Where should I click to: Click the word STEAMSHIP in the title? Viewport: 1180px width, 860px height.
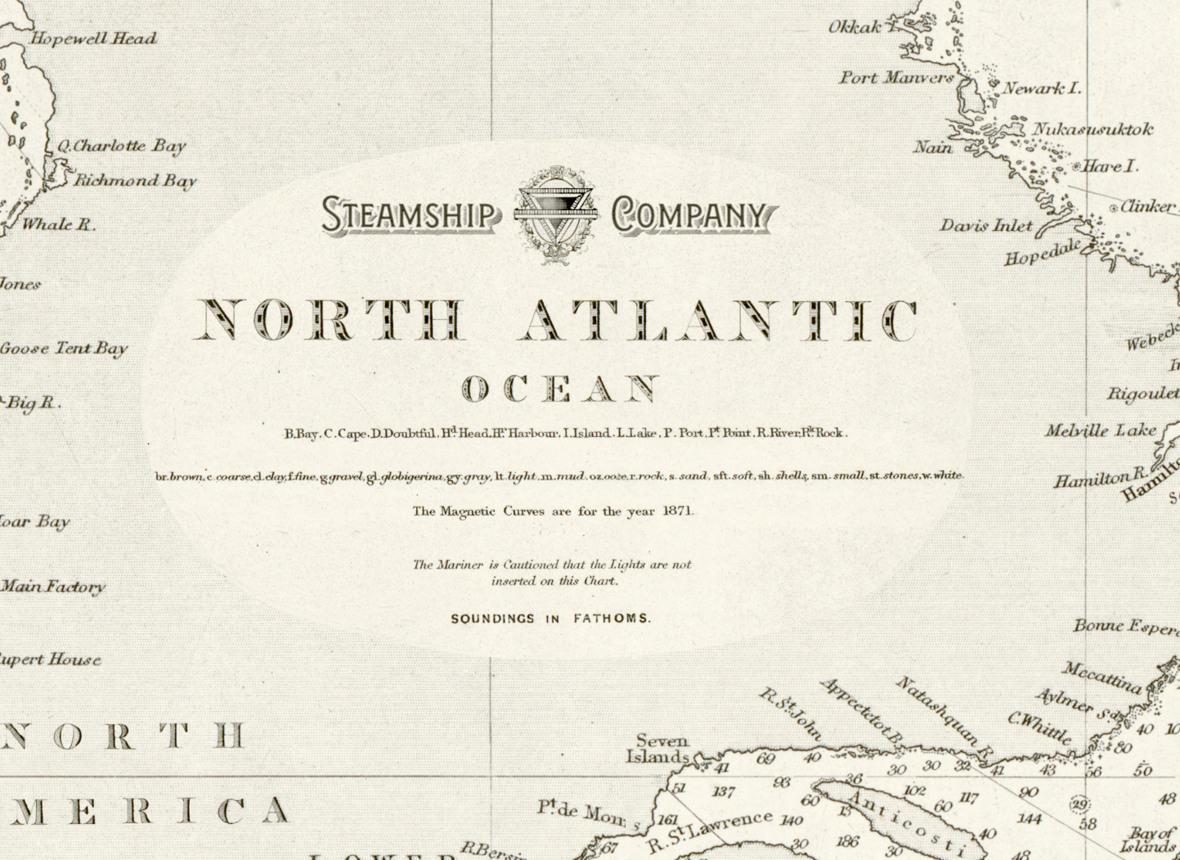click(410, 215)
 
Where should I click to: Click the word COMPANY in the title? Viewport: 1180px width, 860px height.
click(692, 215)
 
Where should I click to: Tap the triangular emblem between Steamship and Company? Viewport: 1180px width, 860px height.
click(555, 214)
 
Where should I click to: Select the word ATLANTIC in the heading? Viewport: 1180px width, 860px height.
click(719, 320)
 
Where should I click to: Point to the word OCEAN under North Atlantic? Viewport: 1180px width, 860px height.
click(561, 389)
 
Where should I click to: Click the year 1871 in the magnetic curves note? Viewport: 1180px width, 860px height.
click(678, 511)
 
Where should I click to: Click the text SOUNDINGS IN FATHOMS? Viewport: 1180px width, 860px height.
click(550, 619)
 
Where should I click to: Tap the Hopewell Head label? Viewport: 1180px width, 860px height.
click(93, 38)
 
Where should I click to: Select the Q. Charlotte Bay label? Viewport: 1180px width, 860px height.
click(121, 146)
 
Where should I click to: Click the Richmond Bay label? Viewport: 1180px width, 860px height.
click(136, 181)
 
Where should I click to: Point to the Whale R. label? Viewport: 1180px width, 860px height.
click(58, 224)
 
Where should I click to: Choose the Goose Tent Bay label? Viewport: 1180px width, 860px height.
click(64, 349)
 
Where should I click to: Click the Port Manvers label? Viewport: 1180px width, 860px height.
click(896, 78)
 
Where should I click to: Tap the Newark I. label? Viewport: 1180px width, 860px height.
click(1042, 88)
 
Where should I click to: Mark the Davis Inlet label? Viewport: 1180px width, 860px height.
click(986, 225)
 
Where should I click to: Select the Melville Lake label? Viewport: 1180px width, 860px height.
click(1101, 430)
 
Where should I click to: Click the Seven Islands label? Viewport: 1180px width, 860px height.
click(659, 749)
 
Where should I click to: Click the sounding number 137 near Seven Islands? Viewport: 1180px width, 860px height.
click(723, 792)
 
